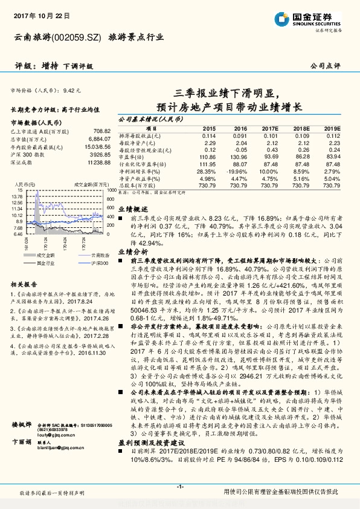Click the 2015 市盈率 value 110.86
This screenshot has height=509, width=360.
[207, 157]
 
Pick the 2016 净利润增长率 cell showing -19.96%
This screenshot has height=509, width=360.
[237, 172]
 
